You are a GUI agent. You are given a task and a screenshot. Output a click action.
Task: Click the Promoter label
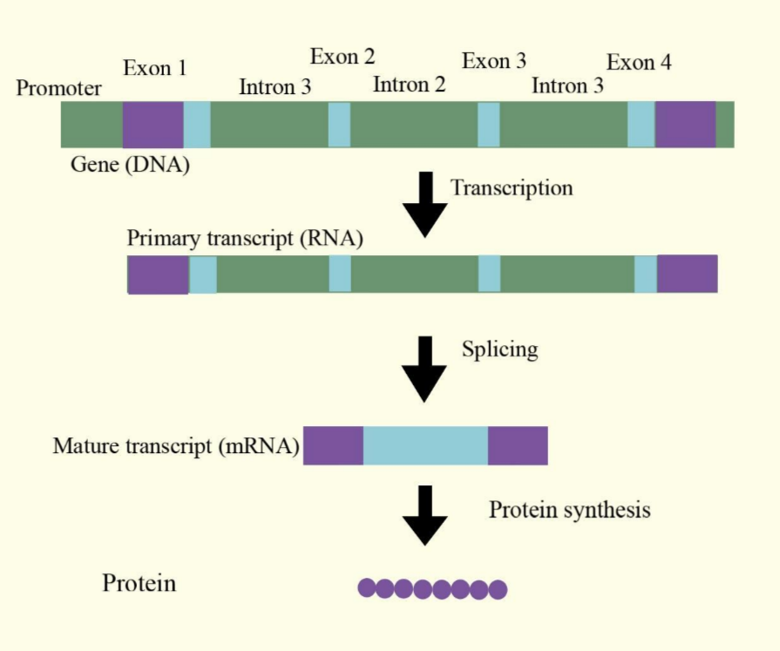point(58,88)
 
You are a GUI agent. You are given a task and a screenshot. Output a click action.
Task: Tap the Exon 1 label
point(155,68)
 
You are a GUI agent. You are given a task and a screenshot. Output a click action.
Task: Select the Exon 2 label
point(343,58)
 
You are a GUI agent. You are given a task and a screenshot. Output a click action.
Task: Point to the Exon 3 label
point(494,61)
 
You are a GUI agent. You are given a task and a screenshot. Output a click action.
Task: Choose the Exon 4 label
point(639,62)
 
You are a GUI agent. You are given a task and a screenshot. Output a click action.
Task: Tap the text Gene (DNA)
point(130,164)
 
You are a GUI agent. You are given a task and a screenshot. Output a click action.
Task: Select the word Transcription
point(512,187)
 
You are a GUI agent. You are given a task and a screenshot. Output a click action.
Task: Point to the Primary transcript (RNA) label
point(245,238)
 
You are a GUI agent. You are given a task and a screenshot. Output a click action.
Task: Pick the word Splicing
point(499,349)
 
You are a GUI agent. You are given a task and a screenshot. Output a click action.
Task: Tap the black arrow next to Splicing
point(425,369)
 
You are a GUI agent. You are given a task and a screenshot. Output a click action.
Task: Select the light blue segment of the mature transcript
point(425,445)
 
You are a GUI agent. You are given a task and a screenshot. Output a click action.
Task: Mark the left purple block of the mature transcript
point(333,445)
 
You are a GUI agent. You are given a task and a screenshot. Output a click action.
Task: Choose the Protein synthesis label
point(569,509)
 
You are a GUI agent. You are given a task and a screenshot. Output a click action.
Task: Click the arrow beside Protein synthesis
point(425,515)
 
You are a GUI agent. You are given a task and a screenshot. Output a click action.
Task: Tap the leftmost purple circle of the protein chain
point(367,588)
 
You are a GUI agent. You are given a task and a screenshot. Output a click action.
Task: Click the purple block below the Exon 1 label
point(153,125)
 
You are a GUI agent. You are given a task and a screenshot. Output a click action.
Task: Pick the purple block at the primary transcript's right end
point(687,274)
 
